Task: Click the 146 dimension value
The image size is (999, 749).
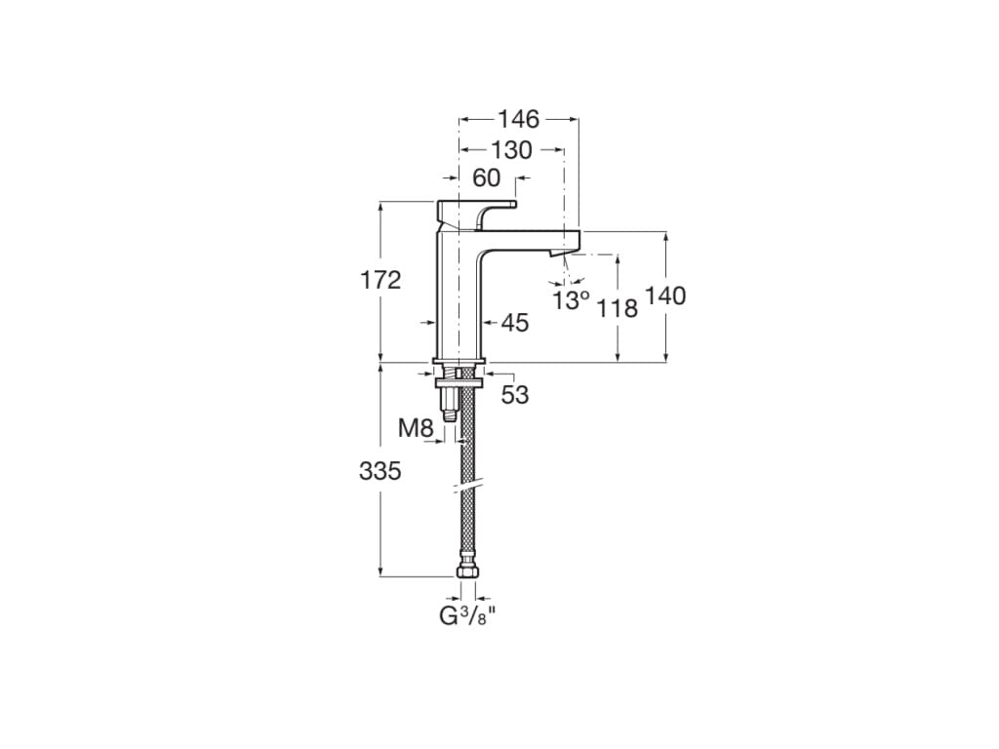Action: point(518,119)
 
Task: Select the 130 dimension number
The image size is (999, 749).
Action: point(511,150)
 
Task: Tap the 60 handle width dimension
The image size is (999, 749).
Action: point(486,178)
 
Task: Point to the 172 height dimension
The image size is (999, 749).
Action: point(380,281)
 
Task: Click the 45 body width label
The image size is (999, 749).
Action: point(515,323)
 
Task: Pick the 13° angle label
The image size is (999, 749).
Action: point(572,300)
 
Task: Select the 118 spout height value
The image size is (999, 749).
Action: point(618,308)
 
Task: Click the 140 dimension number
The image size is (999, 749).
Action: point(665,296)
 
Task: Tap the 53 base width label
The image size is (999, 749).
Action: point(515,395)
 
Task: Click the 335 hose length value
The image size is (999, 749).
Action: point(380,471)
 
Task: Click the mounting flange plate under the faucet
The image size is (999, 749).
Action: point(458,370)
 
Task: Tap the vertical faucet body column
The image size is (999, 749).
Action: point(457,302)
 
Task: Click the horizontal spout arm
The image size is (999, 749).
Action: point(527,239)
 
